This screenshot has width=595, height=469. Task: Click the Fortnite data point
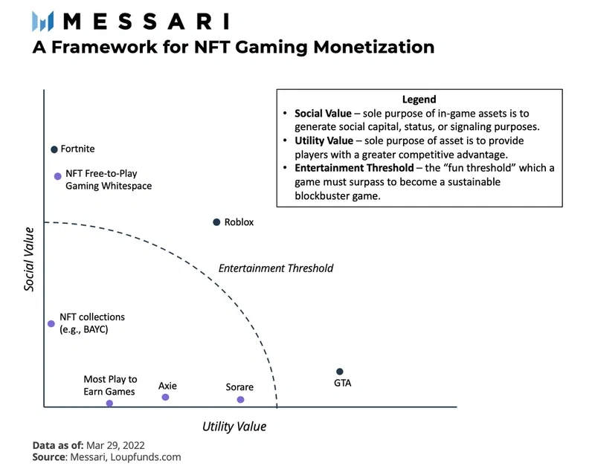pyautogui.click(x=54, y=149)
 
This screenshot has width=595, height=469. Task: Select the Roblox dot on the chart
pyautogui.click(x=216, y=222)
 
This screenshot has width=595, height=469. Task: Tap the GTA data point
pyautogui.click(x=340, y=372)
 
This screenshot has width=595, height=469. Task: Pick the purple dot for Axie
pyautogui.click(x=165, y=398)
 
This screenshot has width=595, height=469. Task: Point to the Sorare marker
pyautogui.click(x=240, y=400)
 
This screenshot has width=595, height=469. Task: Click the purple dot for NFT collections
pyautogui.click(x=51, y=324)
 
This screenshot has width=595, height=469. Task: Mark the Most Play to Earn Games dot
pyautogui.click(x=109, y=404)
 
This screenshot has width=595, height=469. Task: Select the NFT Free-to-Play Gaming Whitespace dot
pyautogui.click(x=58, y=176)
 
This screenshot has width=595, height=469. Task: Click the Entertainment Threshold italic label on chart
pyautogui.click(x=276, y=268)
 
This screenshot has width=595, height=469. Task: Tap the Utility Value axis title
pyautogui.click(x=234, y=427)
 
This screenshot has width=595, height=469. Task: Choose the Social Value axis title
pyautogui.click(x=29, y=259)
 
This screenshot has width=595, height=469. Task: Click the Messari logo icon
pyautogui.click(x=43, y=22)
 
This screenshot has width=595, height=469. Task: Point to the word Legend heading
pyautogui.click(x=419, y=100)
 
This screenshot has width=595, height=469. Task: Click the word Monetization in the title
pyautogui.click(x=374, y=48)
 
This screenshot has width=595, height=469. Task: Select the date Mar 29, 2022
pyautogui.click(x=115, y=445)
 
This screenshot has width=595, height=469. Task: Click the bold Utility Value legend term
pyautogui.click(x=324, y=141)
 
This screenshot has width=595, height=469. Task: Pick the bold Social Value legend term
pyautogui.click(x=323, y=114)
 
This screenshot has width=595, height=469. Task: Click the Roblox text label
pyautogui.click(x=239, y=222)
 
